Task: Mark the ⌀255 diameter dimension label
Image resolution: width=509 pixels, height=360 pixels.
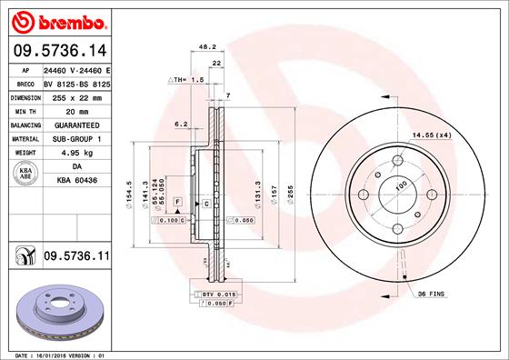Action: coord(288,194)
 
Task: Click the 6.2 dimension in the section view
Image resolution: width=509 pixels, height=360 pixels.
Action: coord(180,123)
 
